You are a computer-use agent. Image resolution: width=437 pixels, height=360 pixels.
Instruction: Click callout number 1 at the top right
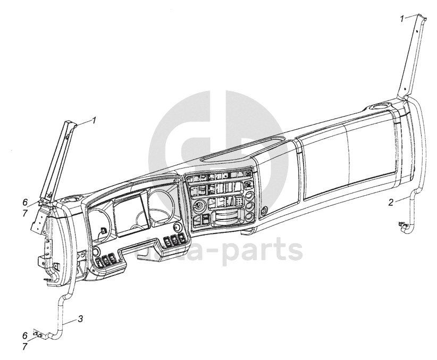click(402, 19)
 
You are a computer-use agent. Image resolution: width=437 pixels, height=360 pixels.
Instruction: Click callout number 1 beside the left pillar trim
click(94, 120)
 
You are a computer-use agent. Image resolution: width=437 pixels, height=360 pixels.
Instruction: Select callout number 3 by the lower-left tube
click(80, 319)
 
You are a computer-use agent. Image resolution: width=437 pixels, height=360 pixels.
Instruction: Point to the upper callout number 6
click(24, 202)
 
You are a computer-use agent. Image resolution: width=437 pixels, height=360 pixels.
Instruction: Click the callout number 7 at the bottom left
click(24, 346)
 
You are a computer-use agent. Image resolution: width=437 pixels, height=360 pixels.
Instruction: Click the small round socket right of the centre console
click(262, 211)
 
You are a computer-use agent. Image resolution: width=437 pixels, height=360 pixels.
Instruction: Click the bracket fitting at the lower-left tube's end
click(38, 334)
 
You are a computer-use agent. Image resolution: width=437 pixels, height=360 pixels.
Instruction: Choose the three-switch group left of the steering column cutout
click(106, 259)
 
